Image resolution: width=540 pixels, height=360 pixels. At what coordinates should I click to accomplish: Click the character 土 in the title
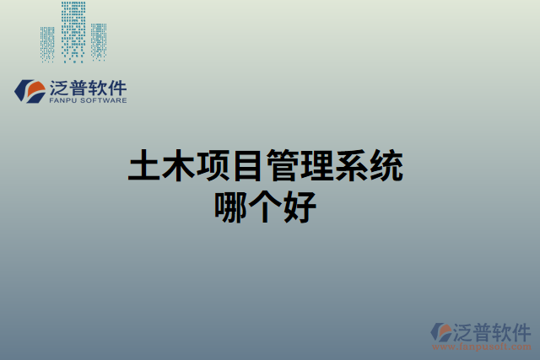[x=145, y=165]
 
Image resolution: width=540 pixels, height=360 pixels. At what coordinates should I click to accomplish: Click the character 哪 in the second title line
[x=232, y=206]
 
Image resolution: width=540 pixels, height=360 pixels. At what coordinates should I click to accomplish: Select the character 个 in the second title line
[x=267, y=206]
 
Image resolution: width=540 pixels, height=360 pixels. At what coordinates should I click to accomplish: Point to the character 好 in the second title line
[x=301, y=206]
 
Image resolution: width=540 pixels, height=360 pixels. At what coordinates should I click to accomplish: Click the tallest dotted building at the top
[x=73, y=31]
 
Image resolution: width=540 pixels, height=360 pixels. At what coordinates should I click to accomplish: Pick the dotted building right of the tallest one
[x=99, y=41]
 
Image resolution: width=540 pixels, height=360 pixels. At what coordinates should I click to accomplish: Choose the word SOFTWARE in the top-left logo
[x=104, y=100]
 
